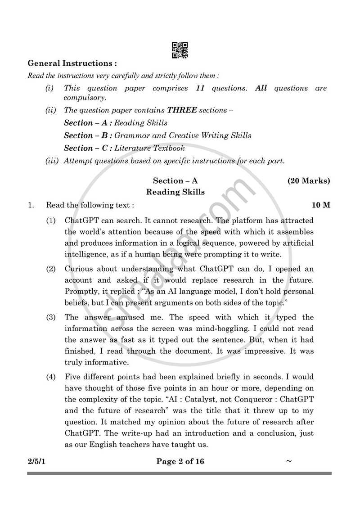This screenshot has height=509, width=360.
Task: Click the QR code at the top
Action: (180, 50)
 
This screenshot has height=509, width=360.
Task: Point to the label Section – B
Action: (88, 135)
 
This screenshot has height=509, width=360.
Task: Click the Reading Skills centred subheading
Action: (175, 192)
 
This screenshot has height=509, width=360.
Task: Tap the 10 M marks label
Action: (321, 205)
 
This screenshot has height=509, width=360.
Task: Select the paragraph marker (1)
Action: (51, 221)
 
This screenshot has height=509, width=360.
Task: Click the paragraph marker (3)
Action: (51, 318)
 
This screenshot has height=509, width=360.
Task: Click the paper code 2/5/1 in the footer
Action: (37, 461)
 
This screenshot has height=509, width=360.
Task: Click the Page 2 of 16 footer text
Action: (180, 461)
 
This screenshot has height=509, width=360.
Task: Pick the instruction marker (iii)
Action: (53, 161)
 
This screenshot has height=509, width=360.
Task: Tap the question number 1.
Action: (30, 205)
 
